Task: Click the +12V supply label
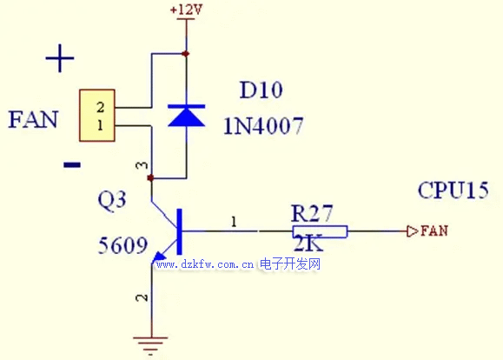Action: click(x=187, y=10)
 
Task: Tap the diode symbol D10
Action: click(x=187, y=115)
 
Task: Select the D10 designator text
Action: click(x=261, y=90)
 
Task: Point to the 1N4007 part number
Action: click(x=263, y=125)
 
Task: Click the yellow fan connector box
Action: click(x=97, y=116)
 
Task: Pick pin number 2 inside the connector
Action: click(x=101, y=107)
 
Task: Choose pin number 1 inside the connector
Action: click(x=101, y=124)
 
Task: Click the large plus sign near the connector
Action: click(x=60, y=58)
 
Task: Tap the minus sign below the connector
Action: click(x=72, y=165)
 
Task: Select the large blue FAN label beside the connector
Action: click(x=33, y=119)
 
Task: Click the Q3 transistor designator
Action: click(x=112, y=200)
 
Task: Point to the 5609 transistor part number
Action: click(x=122, y=245)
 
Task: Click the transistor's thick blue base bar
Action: click(x=179, y=231)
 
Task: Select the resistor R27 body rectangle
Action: click(x=320, y=231)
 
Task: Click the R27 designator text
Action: click(x=312, y=213)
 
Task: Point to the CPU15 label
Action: click(x=453, y=190)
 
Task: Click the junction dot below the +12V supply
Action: click(x=185, y=54)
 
